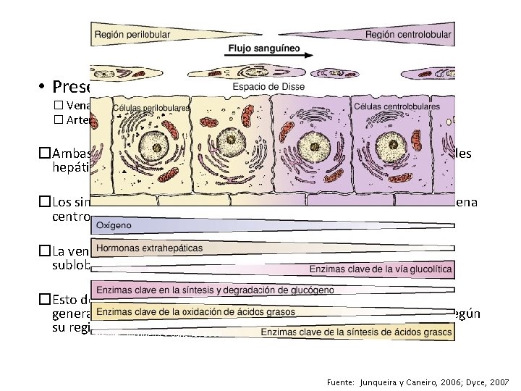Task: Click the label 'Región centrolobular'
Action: (x=408, y=34)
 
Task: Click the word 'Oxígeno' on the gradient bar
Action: (x=114, y=225)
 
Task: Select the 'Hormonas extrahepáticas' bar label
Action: (x=150, y=248)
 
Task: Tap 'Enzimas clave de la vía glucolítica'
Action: (x=381, y=269)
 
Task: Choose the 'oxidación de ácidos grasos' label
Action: (x=195, y=311)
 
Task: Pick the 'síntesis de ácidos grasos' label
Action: (x=357, y=332)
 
